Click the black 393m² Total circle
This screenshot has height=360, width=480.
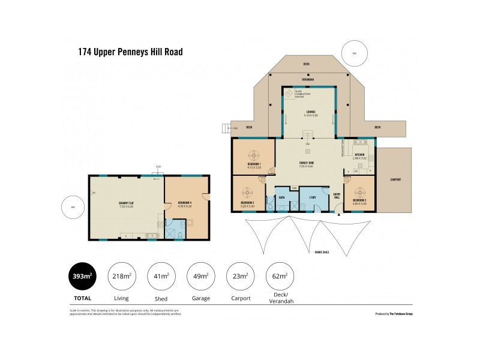(x=82, y=277)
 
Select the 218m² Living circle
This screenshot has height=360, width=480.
(x=121, y=277)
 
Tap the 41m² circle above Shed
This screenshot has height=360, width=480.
(x=160, y=277)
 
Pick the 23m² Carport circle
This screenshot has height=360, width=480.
(x=240, y=277)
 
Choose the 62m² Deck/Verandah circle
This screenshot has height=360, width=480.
(x=280, y=277)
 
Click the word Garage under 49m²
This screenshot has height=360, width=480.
(x=200, y=298)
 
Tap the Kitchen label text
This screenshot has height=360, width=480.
(x=359, y=155)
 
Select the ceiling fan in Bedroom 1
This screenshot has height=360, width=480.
(x=254, y=153)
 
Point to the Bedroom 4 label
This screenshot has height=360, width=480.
(x=185, y=203)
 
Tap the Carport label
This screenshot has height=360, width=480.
(x=395, y=179)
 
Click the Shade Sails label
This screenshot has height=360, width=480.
(x=322, y=252)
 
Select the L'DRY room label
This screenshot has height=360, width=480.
(x=313, y=197)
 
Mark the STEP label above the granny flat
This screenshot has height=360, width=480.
(x=158, y=167)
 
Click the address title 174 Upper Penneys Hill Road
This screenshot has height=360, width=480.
(x=130, y=52)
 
